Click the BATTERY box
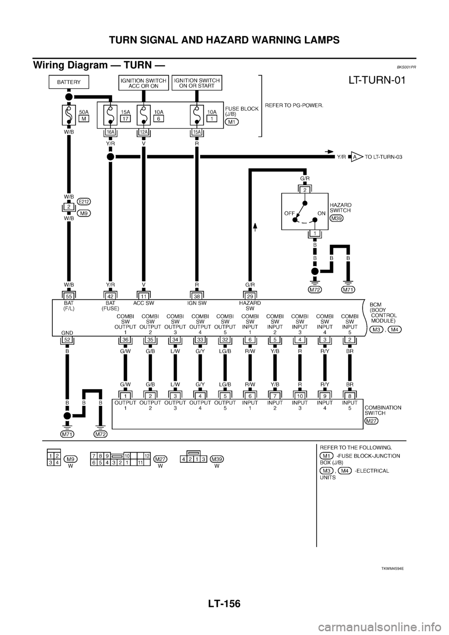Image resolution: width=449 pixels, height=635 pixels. coord(69,82)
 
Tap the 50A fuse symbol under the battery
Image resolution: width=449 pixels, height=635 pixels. coord(69,115)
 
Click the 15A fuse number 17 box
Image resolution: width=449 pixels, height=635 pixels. coord(125,119)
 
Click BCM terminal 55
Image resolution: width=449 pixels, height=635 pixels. coord(69,296)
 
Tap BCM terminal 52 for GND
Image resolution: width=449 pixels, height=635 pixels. coord(69,340)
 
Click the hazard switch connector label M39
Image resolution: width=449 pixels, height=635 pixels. coord(335,218)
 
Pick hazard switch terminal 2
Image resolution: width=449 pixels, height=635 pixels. coord(304,190)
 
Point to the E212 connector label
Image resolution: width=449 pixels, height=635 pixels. coord(85,202)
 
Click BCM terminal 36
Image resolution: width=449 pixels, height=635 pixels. coord(125,340)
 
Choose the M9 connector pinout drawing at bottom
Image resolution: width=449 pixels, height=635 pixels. coord(53,457)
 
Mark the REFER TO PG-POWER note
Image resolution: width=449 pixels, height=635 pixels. coord(301,105)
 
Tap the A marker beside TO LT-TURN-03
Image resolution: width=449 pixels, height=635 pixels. coord(354,158)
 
